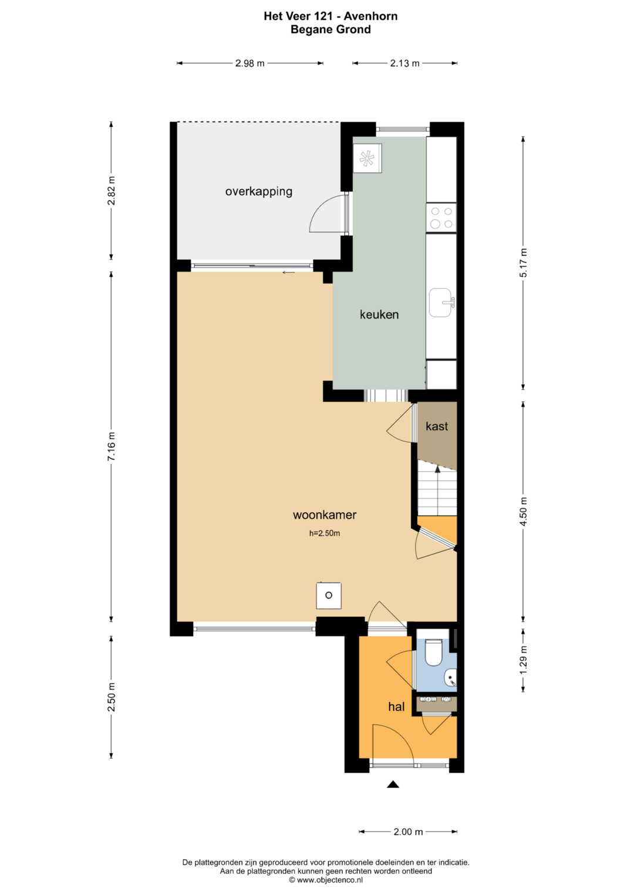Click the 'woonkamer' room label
coord(324,515)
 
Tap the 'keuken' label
coord(379,315)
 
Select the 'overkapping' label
coord(258,192)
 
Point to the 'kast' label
coord(437,426)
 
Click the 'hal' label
coord(396,706)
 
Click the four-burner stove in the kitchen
coord(441,218)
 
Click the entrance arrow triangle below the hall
coord(393,785)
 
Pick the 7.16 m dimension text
coord(112,446)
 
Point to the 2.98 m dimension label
coord(249,63)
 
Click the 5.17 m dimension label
coord(523,262)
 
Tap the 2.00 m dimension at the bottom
coord(408,831)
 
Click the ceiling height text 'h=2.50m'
coord(324,533)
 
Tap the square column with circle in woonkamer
coord(329,596)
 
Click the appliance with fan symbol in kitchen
coord(367,158)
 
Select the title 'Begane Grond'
coord(331,29)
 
